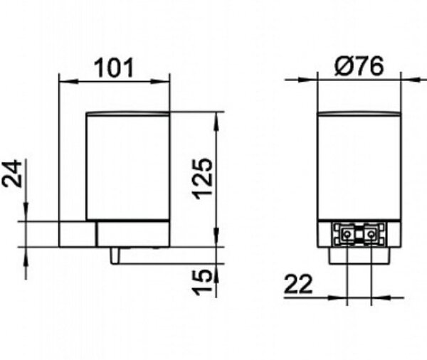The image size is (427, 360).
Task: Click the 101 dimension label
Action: [x=114, y=68]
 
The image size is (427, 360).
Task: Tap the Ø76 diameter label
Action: [x=359, y=66]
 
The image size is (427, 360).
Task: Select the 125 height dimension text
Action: [x=202, y=179]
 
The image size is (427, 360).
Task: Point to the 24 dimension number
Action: [x=12, y=174]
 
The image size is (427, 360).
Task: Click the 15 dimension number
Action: [x=202, y=282]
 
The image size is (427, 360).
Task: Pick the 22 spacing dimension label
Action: [x=298, y=285]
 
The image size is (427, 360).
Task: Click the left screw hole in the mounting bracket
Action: [x=347, y=234]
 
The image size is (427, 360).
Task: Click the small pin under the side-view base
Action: [x=115, y=255]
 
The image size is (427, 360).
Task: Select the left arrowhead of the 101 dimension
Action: [x=68, y=81]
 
